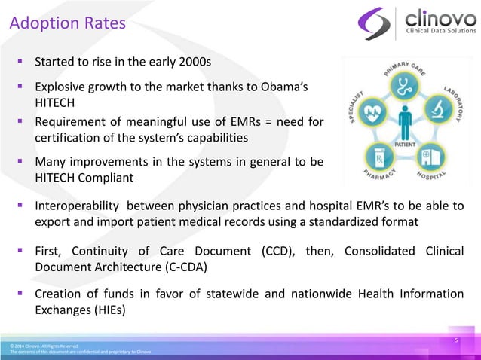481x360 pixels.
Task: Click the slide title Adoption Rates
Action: pos(67,24)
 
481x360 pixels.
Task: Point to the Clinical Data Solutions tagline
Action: pos(441,32)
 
